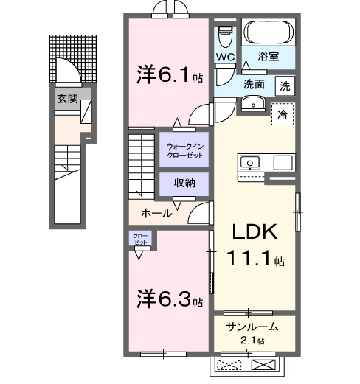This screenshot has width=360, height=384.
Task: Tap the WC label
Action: coord(226,57)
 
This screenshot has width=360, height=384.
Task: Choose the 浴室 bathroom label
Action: coord(267,55)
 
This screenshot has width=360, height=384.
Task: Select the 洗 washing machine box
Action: coord(285,85)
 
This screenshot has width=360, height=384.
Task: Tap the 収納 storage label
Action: coord(184,184)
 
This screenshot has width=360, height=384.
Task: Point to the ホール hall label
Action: coord(156,213)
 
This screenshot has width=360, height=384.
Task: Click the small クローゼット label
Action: coord(141,240)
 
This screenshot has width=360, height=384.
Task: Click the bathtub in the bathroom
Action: coord(268,32)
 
